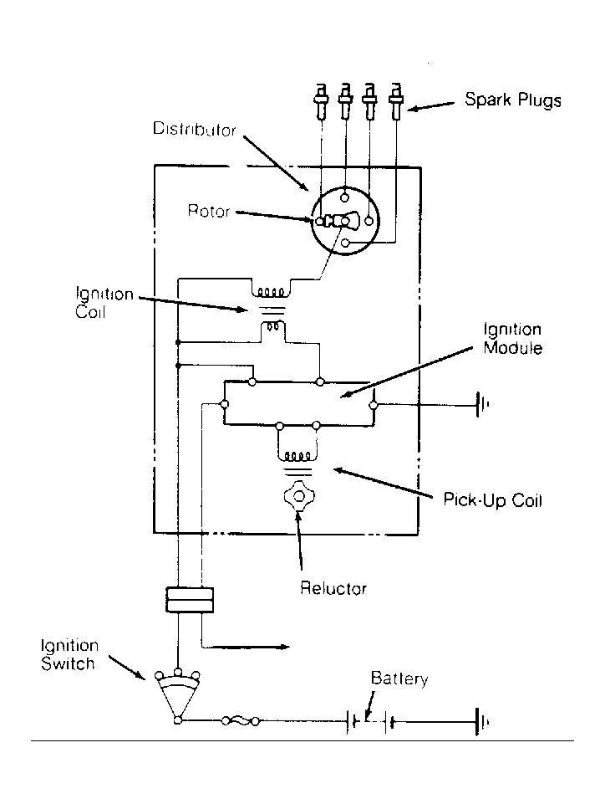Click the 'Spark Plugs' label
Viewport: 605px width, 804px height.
tap(512, 101)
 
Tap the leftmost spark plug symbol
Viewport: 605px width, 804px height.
tap(320, 104)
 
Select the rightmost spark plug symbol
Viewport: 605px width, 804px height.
tap(395, 104)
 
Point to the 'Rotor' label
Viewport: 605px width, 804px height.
tap(208, 212)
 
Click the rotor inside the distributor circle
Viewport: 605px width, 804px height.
tap(337, 222)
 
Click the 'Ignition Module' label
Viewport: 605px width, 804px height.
tap(512, 339)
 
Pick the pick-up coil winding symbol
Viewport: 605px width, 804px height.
tap(296, 457)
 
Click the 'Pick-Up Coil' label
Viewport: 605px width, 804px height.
tap(493, 501)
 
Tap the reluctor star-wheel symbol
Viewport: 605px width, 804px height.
tap(297, 496)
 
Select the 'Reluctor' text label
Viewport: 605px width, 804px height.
tap(333, 589)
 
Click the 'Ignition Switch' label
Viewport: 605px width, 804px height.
tap(69, 655)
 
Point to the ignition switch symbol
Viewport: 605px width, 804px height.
tap(177, 694)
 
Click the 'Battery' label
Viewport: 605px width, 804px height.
tap(399, 679)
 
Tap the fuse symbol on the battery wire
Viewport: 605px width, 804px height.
tap(241, 720)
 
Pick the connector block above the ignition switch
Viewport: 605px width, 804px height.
tap(190, 599)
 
